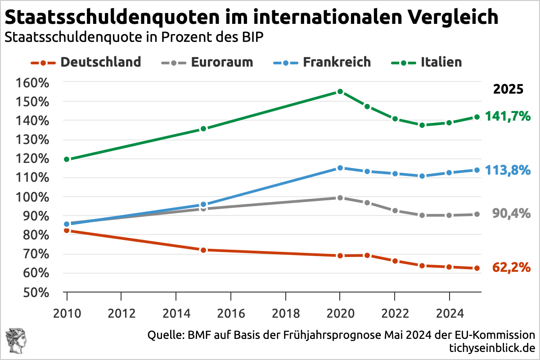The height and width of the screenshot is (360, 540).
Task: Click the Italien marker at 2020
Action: (x=340, y=92)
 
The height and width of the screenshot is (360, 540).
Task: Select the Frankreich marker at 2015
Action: (x=203, y=205)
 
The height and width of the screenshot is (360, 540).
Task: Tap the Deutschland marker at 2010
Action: (x=67, y=230)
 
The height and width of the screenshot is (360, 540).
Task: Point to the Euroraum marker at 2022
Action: (x=395, y=210)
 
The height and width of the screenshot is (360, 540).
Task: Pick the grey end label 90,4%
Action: (x=511, y=214)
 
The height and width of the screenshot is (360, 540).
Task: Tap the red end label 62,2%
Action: (x=511, y=268)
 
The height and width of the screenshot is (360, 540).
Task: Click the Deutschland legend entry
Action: (x=85, y=62)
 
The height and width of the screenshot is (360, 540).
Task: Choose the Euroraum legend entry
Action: (x=207, y=62)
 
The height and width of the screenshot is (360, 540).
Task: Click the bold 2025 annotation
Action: (x=508, y=89)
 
